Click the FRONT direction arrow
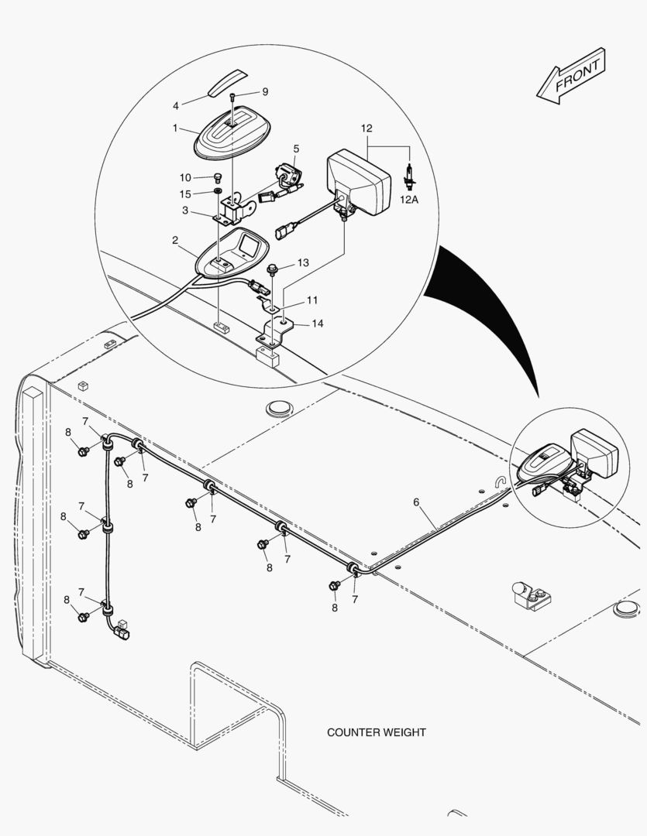(x=571, y=74)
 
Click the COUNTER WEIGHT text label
(x=376, y=732)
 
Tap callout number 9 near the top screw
(x=264, y=91)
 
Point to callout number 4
(x=176, y=105)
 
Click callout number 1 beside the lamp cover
(x=176, y=127)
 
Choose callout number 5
(x=296, y=148)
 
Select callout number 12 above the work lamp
(x=367, y=127)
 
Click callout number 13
(x=302, y=263)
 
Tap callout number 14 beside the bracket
(x=318, y=324)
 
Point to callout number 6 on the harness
(x=416, y=502)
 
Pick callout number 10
(x=185, y=177)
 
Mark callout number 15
(x=185, y=194)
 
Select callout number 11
(x=311, y=299)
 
